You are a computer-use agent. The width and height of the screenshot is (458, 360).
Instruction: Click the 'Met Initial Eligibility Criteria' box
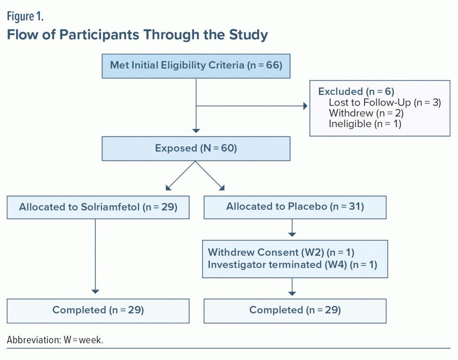click(x=196, y=66)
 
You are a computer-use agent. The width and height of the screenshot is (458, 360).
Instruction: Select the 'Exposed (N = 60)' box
click(x=196, y=148)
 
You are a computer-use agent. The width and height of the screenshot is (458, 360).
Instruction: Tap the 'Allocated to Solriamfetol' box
click(x=98, y=208)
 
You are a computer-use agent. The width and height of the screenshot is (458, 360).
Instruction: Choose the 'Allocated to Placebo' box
click(x=295, y=208)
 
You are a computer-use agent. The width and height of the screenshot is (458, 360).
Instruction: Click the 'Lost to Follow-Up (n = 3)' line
click(x=385, y=102)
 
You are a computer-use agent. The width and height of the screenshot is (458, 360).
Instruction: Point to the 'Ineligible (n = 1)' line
click(x=365, y=124)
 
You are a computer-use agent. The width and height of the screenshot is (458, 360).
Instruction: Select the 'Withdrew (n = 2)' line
click(x=366, y=113)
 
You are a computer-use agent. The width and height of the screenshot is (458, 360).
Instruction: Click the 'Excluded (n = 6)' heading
click(x=356, y=91)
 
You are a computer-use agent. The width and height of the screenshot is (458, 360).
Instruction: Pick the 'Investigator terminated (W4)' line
click(x=293, y=265)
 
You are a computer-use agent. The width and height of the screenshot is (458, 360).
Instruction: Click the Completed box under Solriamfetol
click(x=98, y=311)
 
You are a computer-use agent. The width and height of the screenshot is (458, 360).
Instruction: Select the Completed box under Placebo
click(x=295, y=311)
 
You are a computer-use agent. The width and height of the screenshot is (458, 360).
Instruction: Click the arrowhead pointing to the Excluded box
click(x=305, y=106)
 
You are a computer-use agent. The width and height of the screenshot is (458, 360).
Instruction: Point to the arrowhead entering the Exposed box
click(x=196, y=131)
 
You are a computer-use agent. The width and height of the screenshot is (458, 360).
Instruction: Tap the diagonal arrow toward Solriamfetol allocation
click(x=181, y=176)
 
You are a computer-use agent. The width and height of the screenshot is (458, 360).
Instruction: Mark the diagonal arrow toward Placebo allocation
click(x=210, y=176)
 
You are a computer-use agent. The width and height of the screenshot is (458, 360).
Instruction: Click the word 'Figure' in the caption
click(x=21, y=17)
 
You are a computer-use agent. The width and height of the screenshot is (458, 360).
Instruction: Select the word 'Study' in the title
click(x=248, y=35)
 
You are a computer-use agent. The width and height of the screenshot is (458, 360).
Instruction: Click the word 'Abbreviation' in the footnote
click(x=34, y=340)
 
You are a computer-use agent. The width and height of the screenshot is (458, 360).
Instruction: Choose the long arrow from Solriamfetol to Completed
click(x=95, y=256)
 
